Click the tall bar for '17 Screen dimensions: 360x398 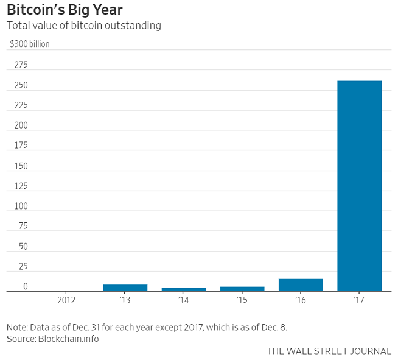(x=359, y=186)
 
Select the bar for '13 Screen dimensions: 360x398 (x=125, y=288)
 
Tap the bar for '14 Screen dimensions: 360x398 (x=184, y=289)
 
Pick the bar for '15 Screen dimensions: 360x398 (x=242, y=289)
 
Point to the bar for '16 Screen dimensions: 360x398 (x=301, y=285)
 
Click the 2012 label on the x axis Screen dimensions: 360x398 (x=66, y=300)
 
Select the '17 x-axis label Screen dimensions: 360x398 (x=359, y=300)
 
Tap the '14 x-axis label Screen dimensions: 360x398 (x=184, y=300)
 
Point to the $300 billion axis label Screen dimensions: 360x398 (x=30, y=44)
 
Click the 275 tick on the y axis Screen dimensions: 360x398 (x=21, y=65)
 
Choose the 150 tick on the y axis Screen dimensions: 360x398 (x=21, y=166)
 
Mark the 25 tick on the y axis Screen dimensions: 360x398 (x=23, y=267)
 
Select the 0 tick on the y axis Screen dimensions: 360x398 (x=26, y=287)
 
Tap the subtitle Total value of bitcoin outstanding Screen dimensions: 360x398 (x=83, y=26)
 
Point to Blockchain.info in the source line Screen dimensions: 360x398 (x=69, y=339)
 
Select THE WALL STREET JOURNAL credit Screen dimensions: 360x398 (x=329, y=351)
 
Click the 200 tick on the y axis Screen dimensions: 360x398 (x=21, y=125)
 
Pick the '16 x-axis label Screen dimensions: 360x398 (x=301, y=300)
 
